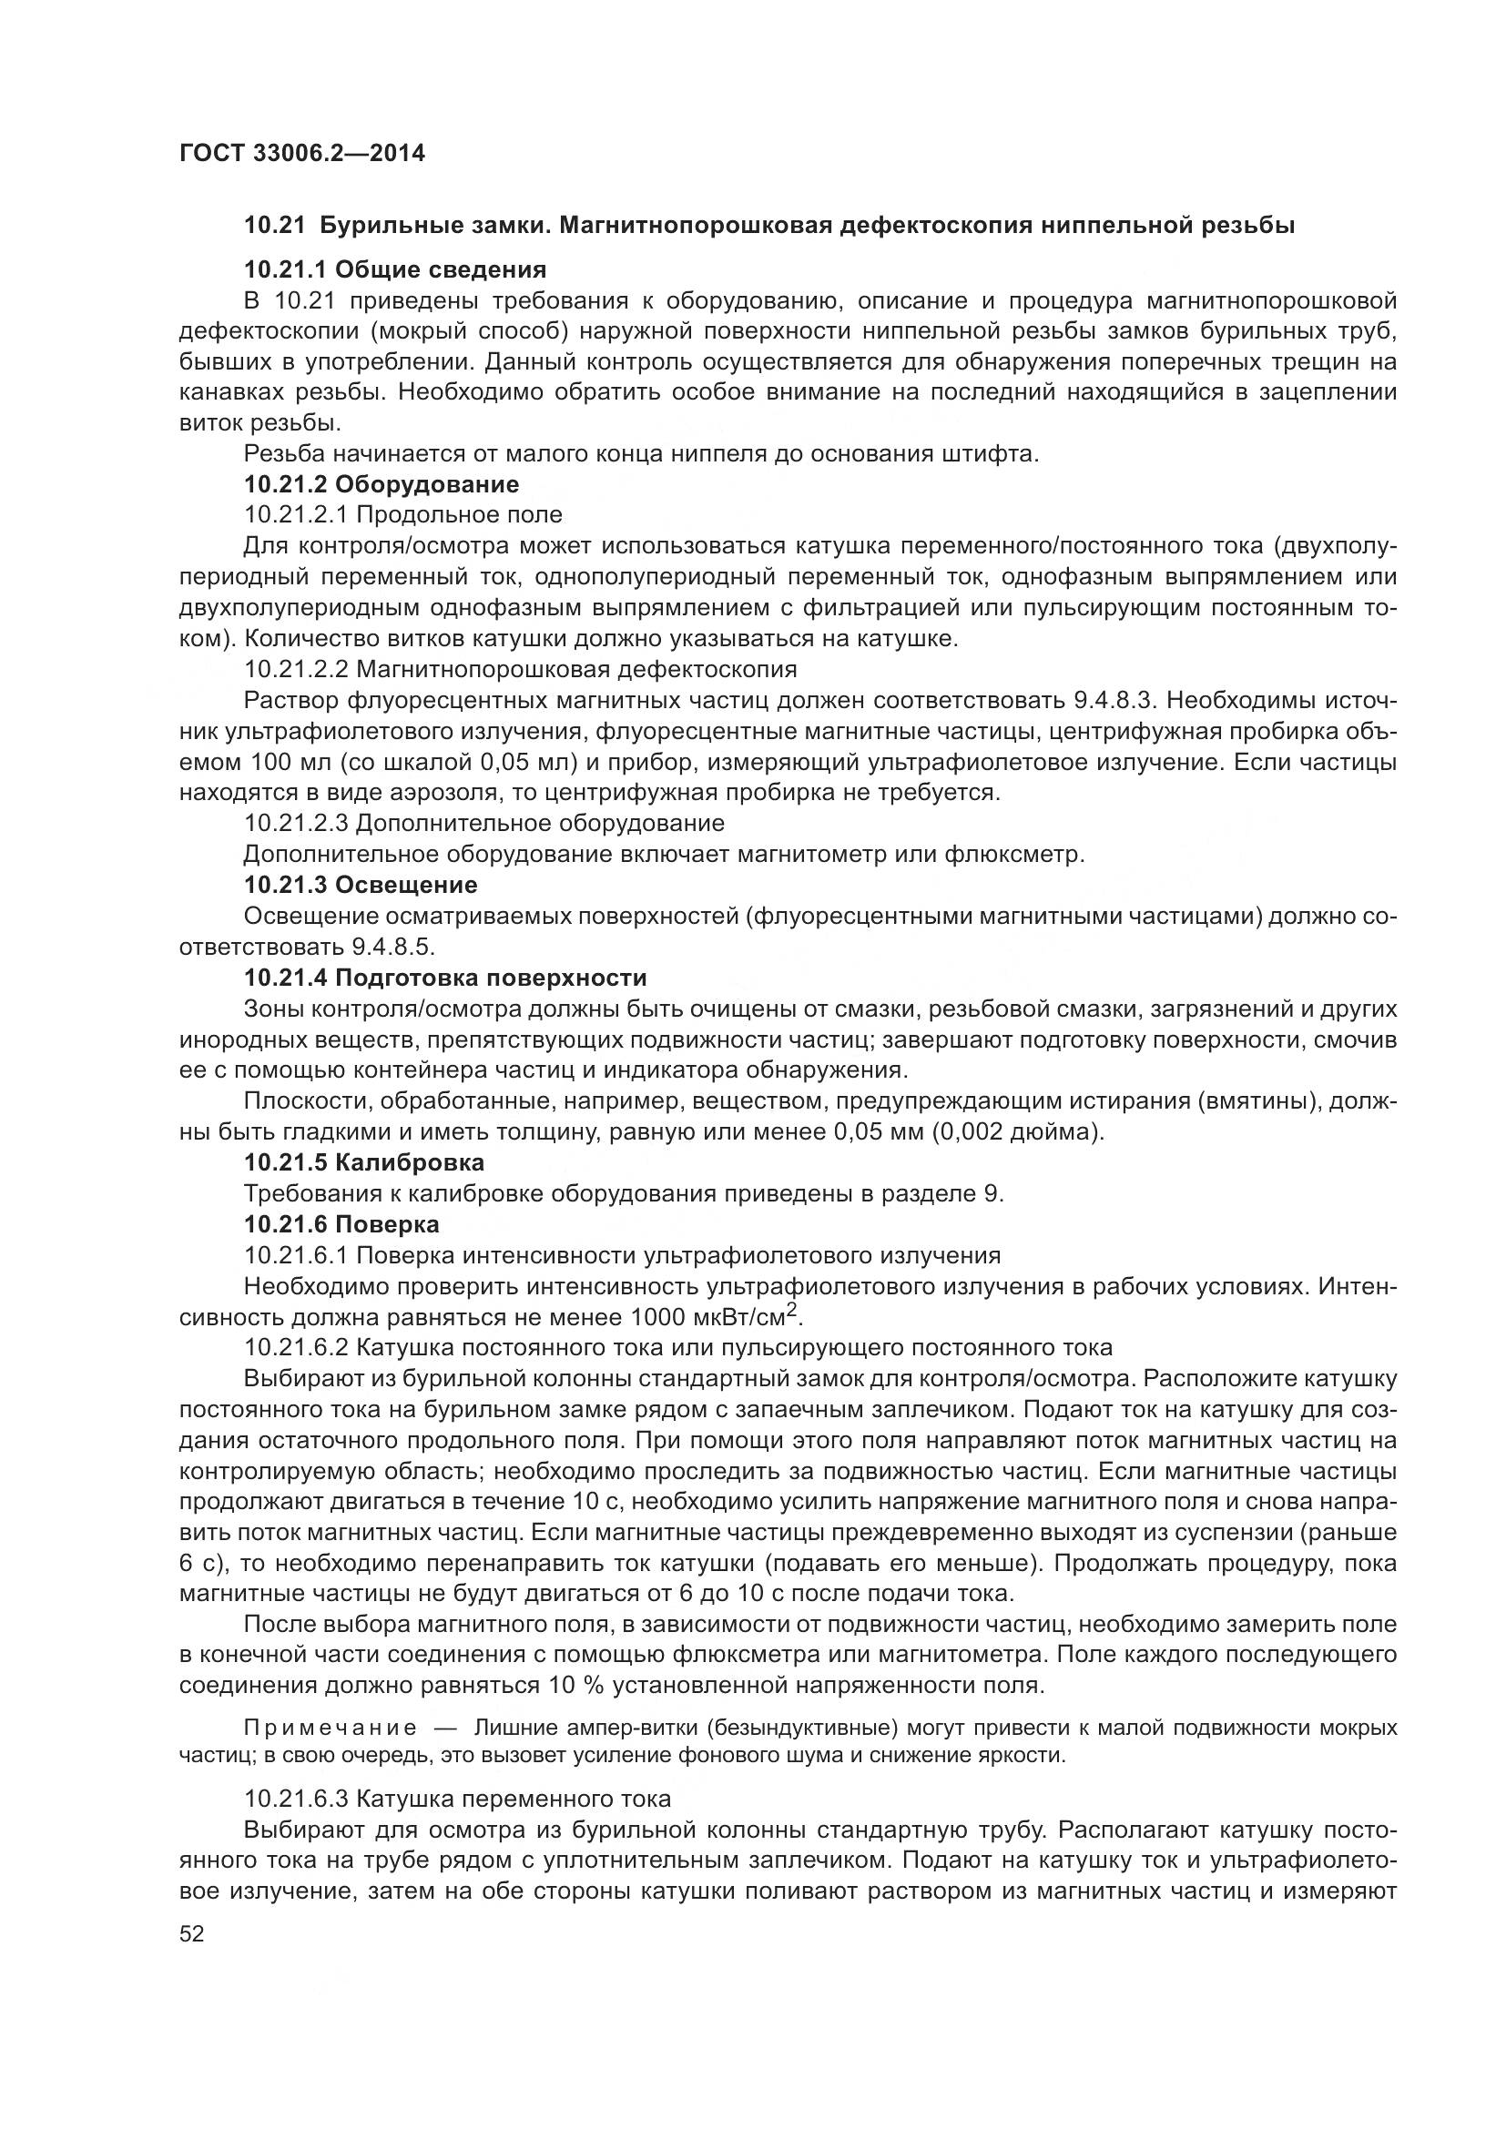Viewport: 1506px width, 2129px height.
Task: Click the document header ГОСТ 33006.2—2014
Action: pos(301,153)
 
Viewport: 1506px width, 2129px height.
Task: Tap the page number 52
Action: pos(192,1933)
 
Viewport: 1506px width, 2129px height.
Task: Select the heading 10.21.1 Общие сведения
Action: pos(394,269)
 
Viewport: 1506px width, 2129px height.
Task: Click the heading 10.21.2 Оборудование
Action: pos(382,484)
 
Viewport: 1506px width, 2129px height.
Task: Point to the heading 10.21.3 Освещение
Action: pos(360,885)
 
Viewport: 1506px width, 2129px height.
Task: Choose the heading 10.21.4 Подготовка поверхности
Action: pos(445,978)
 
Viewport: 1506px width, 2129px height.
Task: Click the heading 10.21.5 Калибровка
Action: pos(363,1161)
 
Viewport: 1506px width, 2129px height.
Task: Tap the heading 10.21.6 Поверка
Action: pos(341,1224)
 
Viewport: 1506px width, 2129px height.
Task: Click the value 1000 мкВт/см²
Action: pos(714,1317)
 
